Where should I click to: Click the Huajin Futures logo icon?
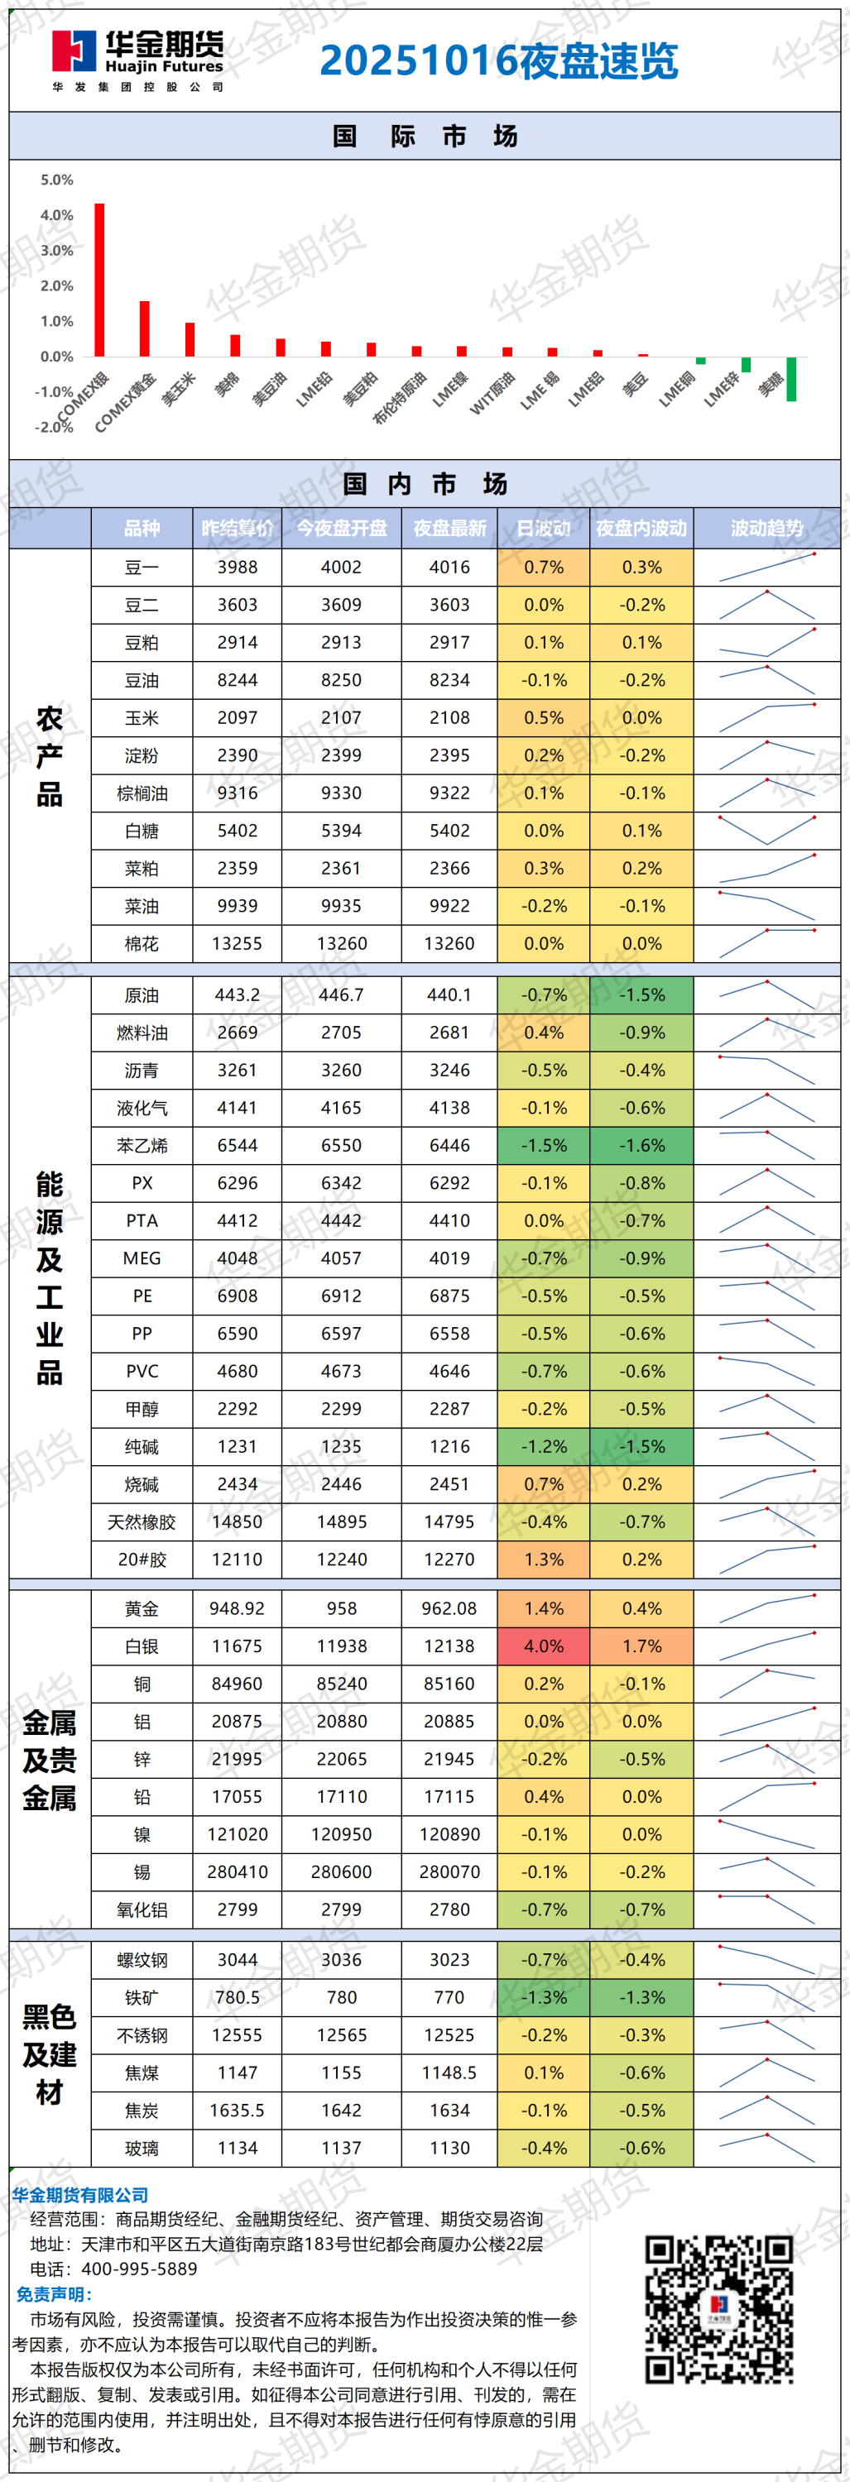74,52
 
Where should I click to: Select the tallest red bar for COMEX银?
99,280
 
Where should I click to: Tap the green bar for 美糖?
791,379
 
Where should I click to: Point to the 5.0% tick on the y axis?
57,180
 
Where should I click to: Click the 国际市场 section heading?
425,136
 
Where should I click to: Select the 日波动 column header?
544,528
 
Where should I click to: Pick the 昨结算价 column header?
237,528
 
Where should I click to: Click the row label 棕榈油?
142,793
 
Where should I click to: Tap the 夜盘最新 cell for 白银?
449,1646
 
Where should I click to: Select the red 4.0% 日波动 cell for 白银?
544,1646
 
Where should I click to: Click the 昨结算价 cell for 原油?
237,994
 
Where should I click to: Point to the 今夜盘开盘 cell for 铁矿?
341,1997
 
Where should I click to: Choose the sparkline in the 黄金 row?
766,1608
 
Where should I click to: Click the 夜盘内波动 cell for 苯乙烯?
641,1146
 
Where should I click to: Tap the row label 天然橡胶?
142,1522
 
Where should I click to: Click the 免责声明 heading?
54,2294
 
